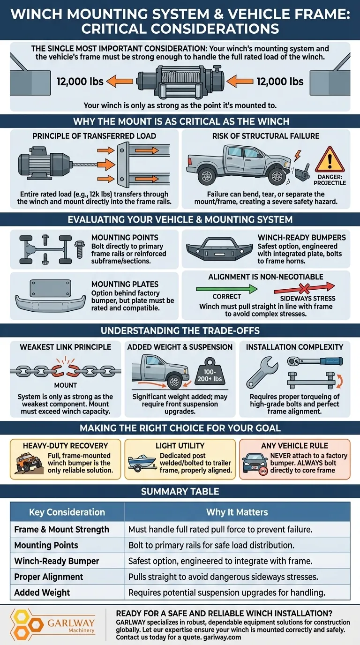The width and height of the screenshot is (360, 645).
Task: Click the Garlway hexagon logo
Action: click(21, 624)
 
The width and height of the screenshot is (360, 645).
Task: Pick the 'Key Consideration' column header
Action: click(67, 512)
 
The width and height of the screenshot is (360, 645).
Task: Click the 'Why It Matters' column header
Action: click(237, 512)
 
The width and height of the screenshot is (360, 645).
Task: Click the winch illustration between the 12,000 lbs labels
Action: click(180, 82)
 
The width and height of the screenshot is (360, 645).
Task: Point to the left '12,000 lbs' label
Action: click(80, 82)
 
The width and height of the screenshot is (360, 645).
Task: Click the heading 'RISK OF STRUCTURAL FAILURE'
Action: click(266, 136)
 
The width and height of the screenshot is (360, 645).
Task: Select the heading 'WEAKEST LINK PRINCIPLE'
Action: click(66, 347)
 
